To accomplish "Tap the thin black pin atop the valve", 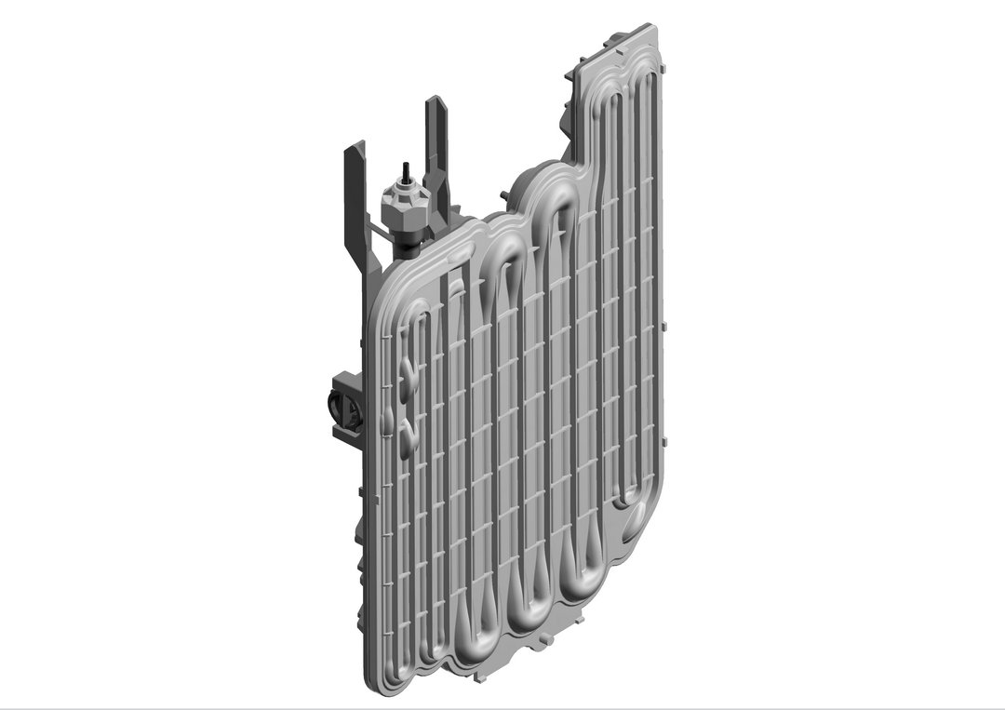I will point(405,172).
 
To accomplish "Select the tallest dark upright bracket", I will point(436,149).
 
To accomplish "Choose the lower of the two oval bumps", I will point(406,435).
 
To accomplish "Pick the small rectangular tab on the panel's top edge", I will point(614,42).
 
